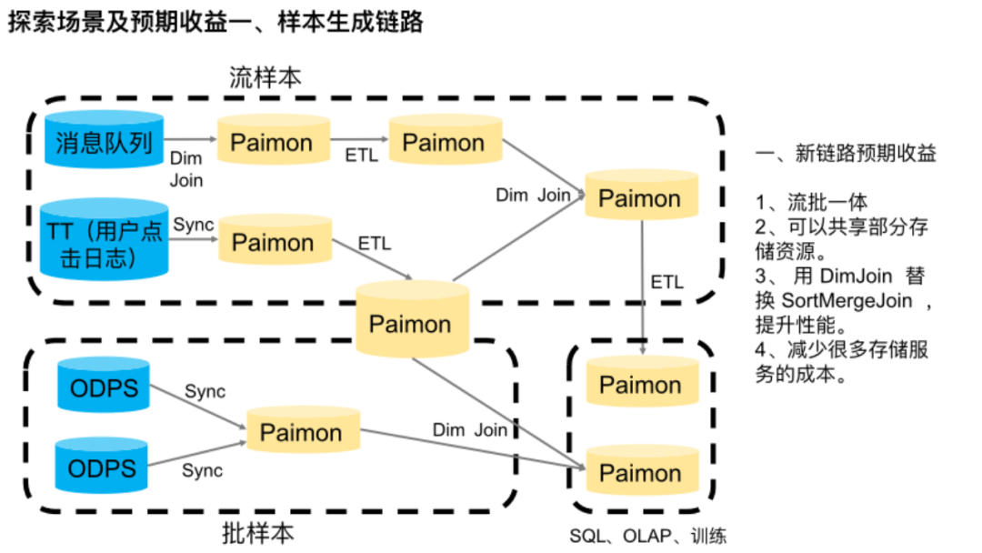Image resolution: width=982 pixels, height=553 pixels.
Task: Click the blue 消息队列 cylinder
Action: tap(104, 142)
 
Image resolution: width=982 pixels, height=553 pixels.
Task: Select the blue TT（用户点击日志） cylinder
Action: tap(104, 238)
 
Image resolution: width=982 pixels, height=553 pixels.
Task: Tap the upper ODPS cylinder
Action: tap(103, 388)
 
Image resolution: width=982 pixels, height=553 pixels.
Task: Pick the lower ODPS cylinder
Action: tap(103, 468)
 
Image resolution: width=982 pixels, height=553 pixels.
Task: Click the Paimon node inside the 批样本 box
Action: tap(301, 432)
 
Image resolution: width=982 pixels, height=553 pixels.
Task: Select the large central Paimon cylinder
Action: tap(410, 322)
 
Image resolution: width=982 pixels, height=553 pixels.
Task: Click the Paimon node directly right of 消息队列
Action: tap(271, 143)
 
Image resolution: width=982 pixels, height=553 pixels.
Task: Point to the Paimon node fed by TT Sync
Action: tap(273, 242)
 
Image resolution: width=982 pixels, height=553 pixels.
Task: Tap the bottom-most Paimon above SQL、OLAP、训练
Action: tap(640, 473)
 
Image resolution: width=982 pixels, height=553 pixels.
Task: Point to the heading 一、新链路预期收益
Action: tap(845, 154)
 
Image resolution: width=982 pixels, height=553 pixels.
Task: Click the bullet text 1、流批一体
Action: tap(811, 203)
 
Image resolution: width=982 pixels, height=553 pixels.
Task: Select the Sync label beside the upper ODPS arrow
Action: tap(205, 391)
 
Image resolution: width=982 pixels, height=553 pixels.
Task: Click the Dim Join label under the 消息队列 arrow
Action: tap(186, 169)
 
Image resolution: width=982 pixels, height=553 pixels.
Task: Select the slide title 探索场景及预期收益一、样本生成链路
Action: tap(215, 23)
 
